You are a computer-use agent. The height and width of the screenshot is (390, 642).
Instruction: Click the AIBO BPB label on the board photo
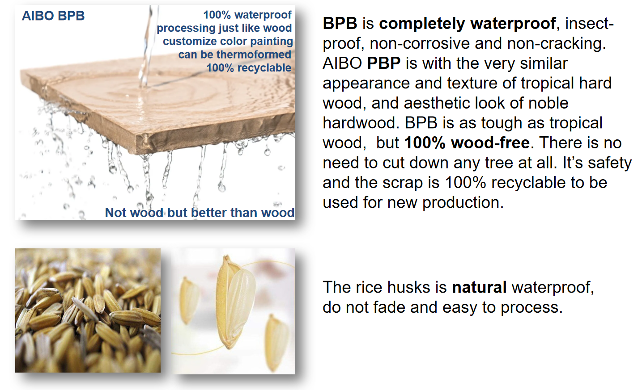[x=53, y=16]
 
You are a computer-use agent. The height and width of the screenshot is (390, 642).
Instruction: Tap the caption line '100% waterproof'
[x=247, y=15]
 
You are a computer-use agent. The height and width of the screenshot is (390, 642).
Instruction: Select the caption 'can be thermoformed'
[x=235, y=55]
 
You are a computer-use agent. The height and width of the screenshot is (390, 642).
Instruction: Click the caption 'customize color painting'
[x=228, y=41]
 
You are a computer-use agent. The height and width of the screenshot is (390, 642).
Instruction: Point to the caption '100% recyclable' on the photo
[x=249, y=68]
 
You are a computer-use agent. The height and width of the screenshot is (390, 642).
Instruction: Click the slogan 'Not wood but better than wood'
[x=200, y=213]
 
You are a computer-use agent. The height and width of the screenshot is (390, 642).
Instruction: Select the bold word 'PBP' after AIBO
[x=384, y=63]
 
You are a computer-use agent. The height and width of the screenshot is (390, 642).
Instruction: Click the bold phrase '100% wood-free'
[x=467, y=143]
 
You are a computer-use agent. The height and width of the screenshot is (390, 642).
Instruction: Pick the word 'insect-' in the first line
[x=590, y=23]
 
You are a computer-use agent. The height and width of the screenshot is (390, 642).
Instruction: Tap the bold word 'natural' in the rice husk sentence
[x=479, y=287]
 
